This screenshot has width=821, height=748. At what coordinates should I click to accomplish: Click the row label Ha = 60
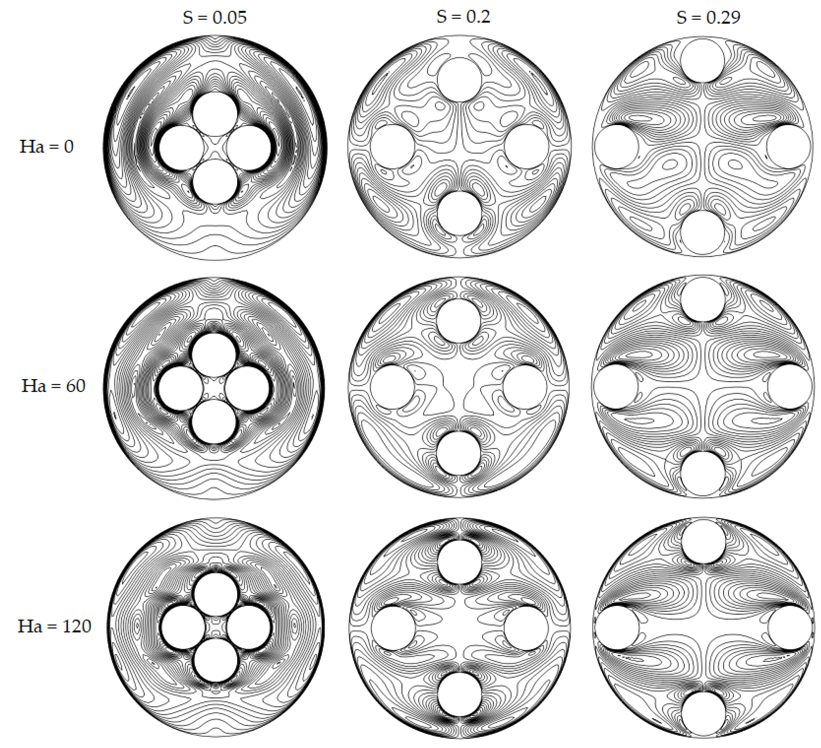pos(53,386)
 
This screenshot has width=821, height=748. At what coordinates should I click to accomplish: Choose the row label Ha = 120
pos(54,626)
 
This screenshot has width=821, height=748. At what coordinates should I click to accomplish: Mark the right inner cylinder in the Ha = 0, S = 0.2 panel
pos(526,146)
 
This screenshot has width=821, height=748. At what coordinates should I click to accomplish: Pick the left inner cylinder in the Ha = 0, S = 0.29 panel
pos(616,147)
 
